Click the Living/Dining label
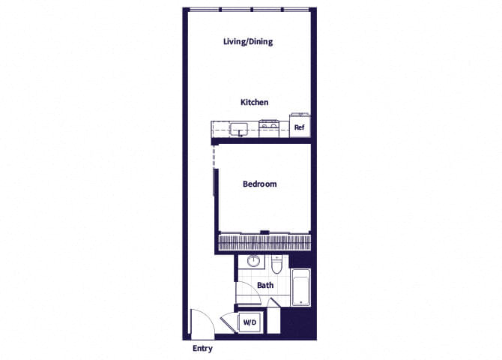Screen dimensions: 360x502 (x=247, y=42)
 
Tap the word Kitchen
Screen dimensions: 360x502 (x=254, y=102)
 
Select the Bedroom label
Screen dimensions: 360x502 (x=260, y=184)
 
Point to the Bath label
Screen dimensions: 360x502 (x=265, y=286)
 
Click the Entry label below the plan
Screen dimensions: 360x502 (x=202, y=349)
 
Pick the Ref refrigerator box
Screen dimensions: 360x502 (x=299, y=127)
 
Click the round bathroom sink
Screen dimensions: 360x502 (x=254, y=262)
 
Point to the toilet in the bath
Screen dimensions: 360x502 (x=276, y=265)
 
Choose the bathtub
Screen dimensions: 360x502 (x=300, y=286)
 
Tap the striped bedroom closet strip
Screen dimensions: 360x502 (x=264, y=243)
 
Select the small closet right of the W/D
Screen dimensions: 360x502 (x=273, y=321)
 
